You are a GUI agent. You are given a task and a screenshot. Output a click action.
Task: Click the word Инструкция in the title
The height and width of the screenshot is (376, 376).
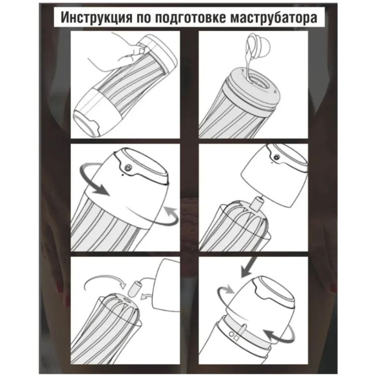pyautogui.click(x=89, y=18)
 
